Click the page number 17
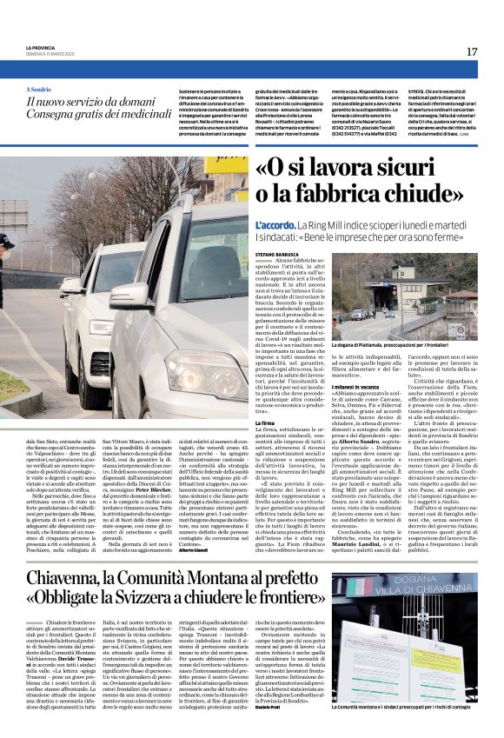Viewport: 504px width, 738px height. click(x=471, y=52)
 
